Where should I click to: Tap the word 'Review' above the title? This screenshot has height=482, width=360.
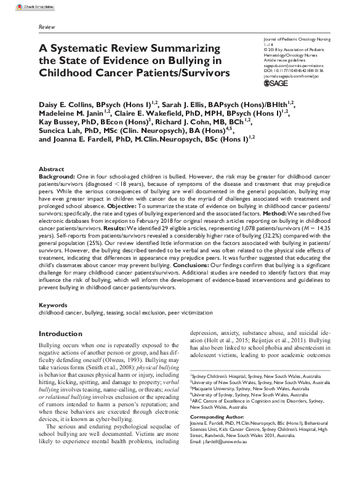47,28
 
